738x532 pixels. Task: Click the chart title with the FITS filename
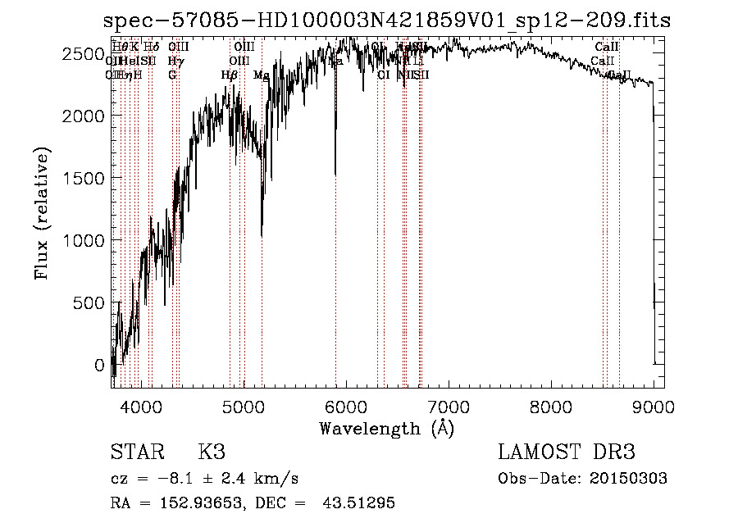pyautogui.click(x=387, y=21)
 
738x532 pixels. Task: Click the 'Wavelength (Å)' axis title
pyautogui.click(x=386, y=428)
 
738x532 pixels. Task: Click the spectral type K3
pyautogui.click(x=212, y=452)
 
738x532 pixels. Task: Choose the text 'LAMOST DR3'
pyautogui.click(x=567, y=452)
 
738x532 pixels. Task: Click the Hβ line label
pyautogui.click(x=229, y=75)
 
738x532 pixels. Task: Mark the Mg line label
pyautogui.click(x=261, y=75)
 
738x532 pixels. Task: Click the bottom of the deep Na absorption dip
pyautogui.click(x=335, y=174)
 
